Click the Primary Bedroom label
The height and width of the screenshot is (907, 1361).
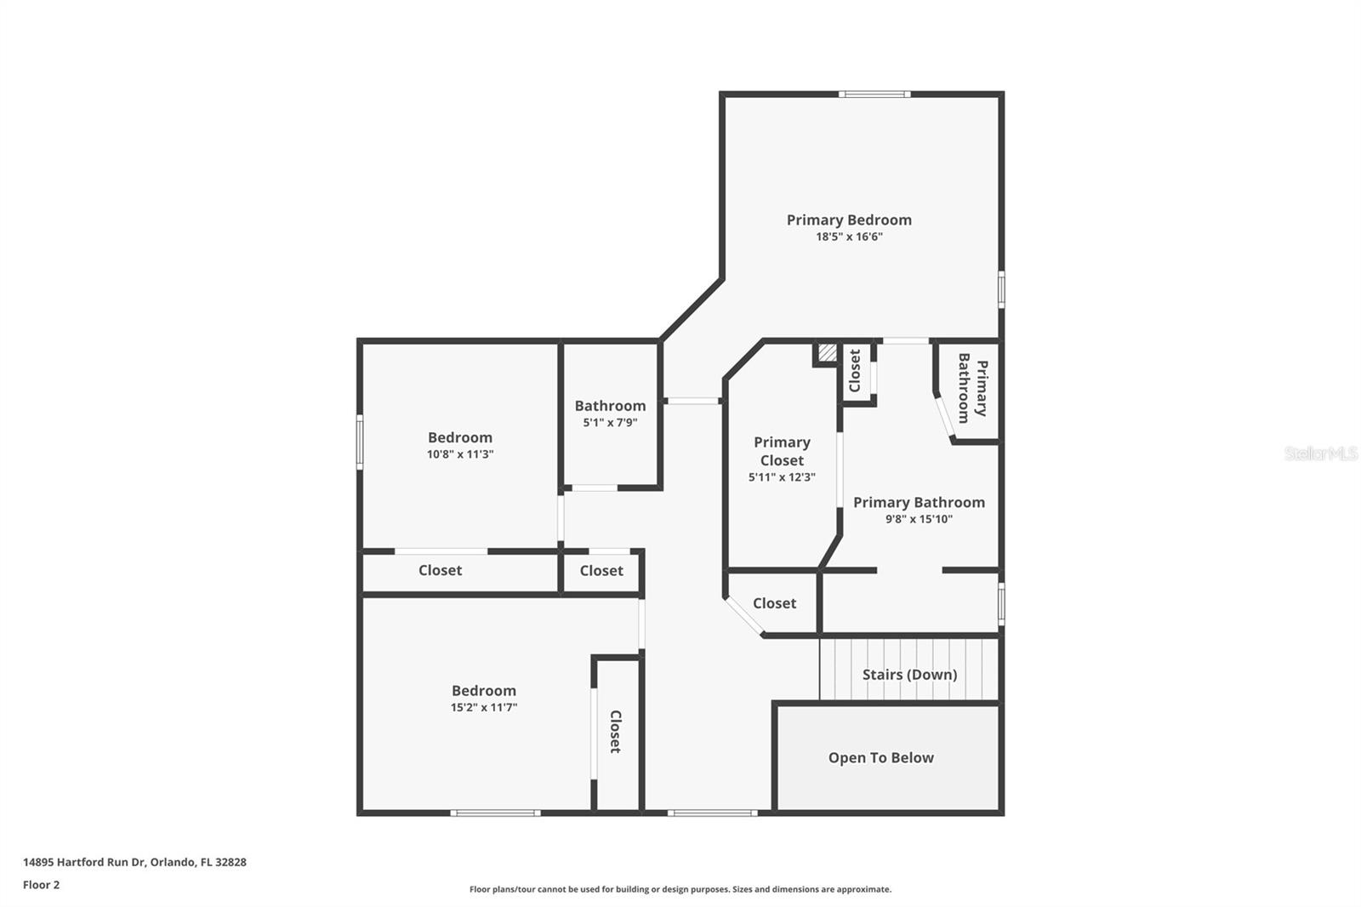point(849,220)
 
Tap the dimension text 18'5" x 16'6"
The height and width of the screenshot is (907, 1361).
point(849,237)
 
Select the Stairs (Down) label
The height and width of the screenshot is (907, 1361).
point(909,674)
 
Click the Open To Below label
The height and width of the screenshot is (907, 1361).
point(880,757)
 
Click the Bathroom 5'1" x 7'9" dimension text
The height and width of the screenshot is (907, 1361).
point(610,423)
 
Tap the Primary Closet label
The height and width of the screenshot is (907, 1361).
point(782,451)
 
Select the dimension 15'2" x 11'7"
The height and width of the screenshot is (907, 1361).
point(483,708)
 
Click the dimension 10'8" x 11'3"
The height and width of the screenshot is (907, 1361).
point(459,454)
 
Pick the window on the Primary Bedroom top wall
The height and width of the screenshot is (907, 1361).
point(874,94)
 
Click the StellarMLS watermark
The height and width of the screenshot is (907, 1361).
point(1320,453)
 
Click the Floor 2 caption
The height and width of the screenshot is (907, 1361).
point(41,885)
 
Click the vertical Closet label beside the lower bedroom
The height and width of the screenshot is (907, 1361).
point(615,732)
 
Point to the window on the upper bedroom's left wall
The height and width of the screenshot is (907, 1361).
point(360,441)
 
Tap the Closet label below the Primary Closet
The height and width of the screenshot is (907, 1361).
point(774,603)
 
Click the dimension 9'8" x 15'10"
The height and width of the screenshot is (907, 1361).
point(919,519)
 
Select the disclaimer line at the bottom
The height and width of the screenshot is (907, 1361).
point(680,889)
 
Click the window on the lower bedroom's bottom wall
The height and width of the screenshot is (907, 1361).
point(495,813)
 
